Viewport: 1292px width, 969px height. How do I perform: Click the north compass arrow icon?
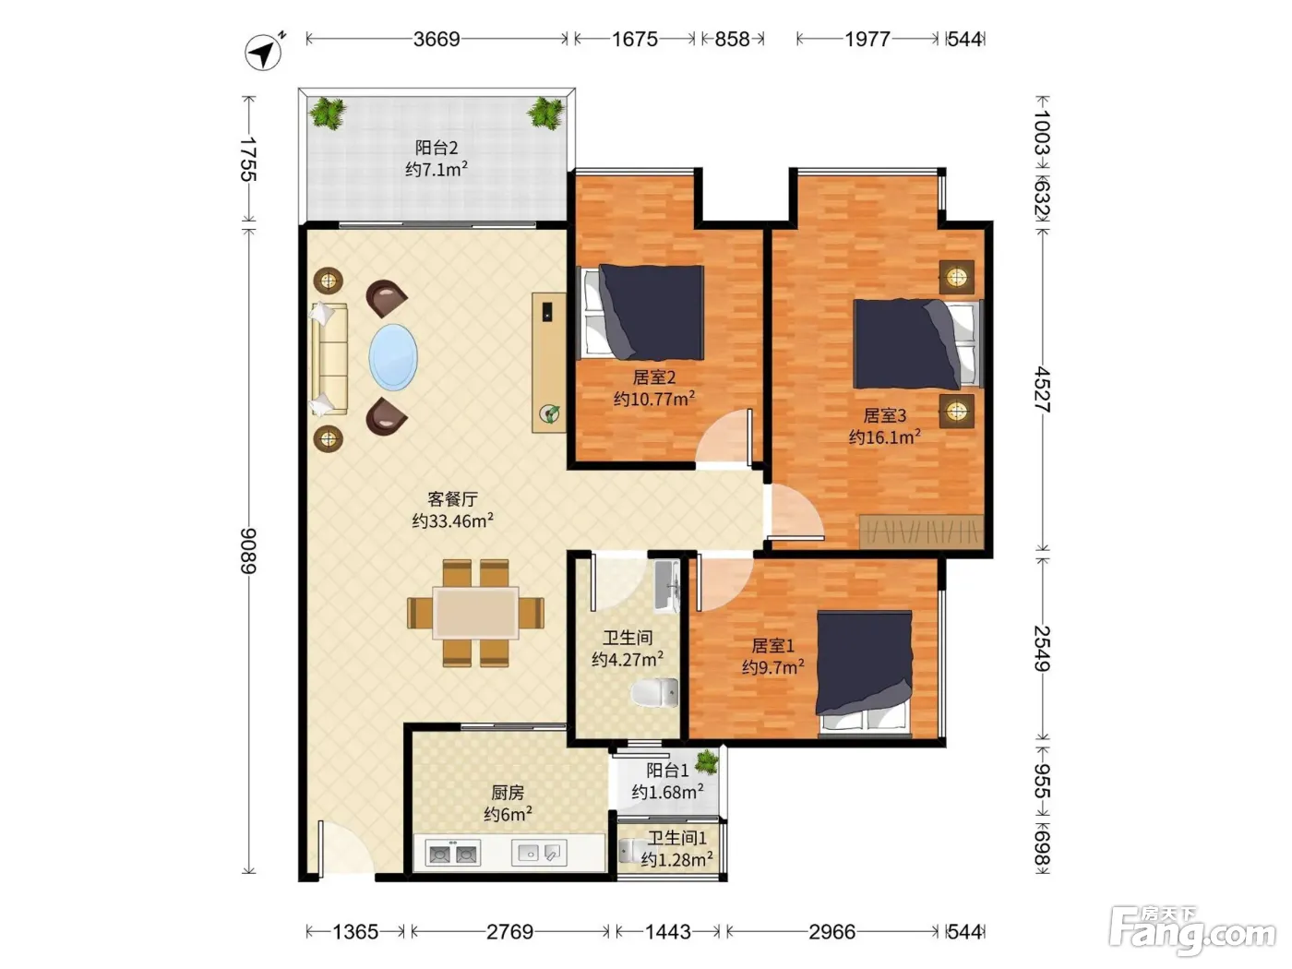coord(263,52)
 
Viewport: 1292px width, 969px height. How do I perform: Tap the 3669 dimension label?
coord(437,40)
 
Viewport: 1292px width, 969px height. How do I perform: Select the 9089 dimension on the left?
coord(249,551)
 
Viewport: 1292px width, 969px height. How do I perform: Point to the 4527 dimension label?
coord(1042,389)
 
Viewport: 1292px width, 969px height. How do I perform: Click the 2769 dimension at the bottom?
coord(509,931)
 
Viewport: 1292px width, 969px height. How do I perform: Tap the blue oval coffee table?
coord(393,357)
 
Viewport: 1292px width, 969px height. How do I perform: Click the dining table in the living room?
coord(475,612)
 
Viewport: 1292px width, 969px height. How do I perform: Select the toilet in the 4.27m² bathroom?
coord(654,692)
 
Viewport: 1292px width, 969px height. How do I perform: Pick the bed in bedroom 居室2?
coord(642,312)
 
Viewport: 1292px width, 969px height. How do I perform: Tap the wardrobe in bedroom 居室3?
coord(922,532)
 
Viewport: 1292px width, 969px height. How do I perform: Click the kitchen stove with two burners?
coord(452,853)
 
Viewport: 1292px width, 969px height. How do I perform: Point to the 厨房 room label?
coord(508,793)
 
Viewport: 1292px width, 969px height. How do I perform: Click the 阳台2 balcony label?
coord(437,147)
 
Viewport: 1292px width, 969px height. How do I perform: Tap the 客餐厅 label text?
coord(452,499)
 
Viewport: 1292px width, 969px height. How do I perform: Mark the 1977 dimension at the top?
coord(867,40)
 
